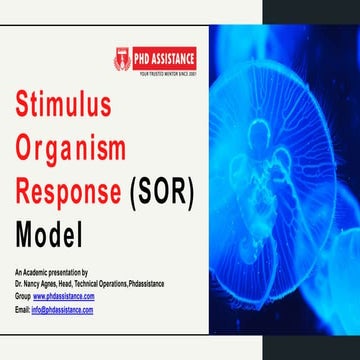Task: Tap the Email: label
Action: point(22,310)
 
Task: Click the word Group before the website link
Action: point(22,297)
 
